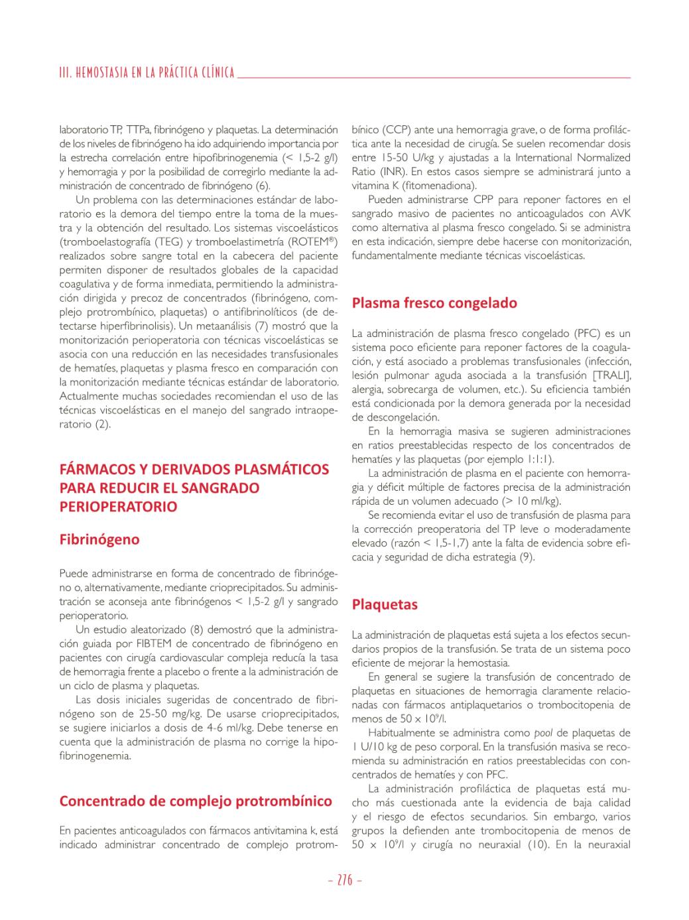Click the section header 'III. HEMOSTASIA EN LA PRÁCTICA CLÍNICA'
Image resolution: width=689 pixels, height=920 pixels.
click(x=147, y=73)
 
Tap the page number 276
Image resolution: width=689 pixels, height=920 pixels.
click(x=345, y=880)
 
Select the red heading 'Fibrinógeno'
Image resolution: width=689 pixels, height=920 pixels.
click(x=99, y=539)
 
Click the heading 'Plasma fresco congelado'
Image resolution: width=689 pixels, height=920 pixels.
click(x=434, y=303)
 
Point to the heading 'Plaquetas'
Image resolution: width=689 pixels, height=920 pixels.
click(x=385, y=604)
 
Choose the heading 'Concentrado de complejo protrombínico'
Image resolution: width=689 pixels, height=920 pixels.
click(x=196, y=801)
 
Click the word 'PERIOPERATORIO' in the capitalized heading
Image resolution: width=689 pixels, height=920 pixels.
click(x=119, y=507)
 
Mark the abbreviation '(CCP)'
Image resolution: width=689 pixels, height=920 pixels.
click(x=399, y=129)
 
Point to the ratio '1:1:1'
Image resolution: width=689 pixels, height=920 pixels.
click(x=536, y=459)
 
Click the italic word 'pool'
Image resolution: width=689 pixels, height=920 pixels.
click(x=544, y=733)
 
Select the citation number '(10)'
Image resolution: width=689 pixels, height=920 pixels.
click(x=538, y=844)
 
